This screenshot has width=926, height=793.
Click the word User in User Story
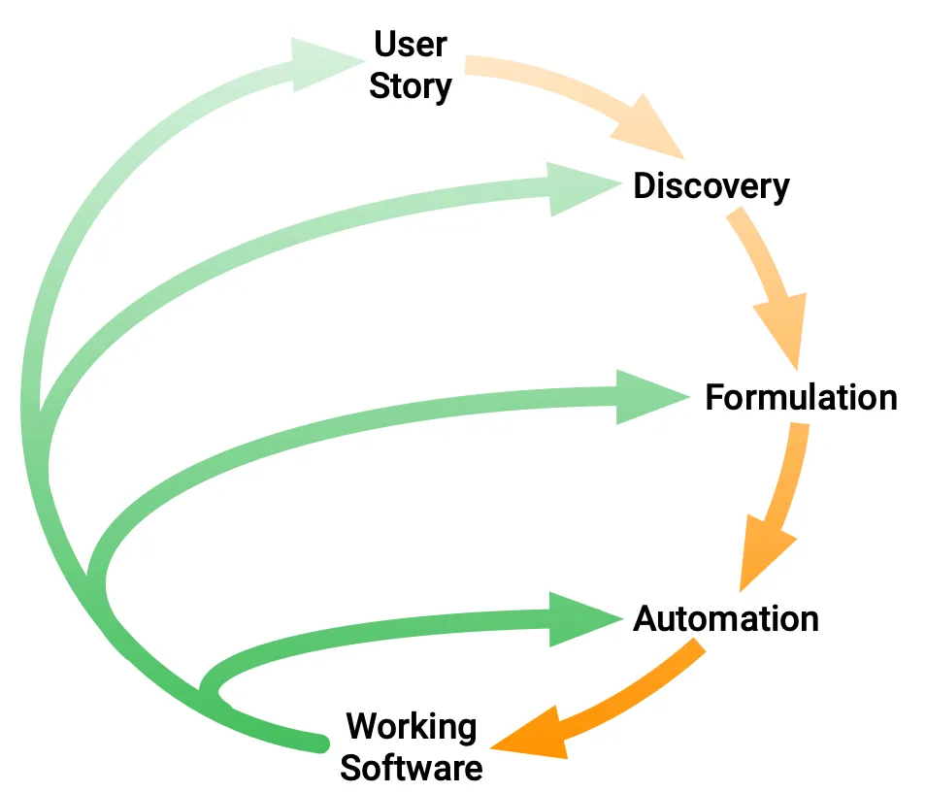412,44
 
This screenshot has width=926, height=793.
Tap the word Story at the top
412,86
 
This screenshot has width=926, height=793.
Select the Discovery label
711,185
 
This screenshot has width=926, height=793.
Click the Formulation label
801,398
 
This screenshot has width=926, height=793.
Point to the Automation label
725,618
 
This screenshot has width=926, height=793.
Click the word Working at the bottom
412,726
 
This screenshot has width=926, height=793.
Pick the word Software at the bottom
412,769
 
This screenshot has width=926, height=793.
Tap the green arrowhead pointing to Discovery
579,188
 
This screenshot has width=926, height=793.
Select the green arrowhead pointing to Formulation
648,396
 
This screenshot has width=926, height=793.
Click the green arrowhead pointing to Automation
580,618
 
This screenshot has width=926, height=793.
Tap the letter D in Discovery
645,185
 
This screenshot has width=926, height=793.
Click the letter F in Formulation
715,398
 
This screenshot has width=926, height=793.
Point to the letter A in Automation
646,618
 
